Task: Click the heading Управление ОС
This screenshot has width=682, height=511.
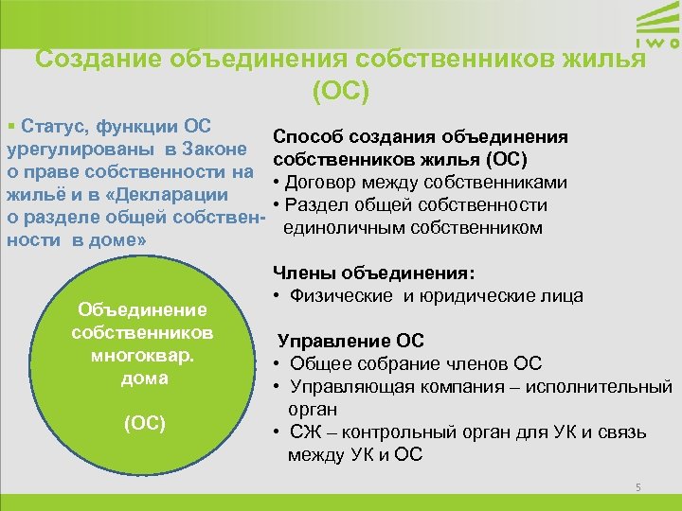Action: click(350, 341)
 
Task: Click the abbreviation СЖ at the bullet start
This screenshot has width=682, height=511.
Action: click(302, 432)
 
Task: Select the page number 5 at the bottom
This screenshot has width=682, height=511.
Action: click(638, 487)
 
